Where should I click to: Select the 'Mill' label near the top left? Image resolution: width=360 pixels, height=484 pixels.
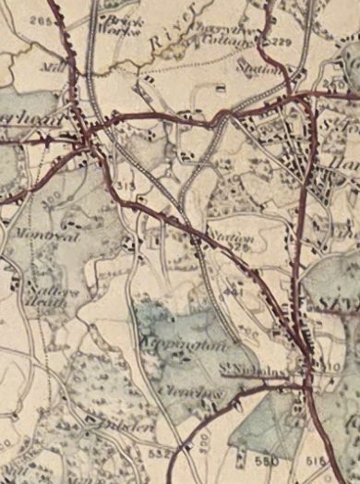tap(50, 67)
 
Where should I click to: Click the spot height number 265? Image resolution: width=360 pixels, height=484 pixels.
tap(39, 19)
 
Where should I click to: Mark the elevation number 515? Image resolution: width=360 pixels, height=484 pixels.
tap(318, 459)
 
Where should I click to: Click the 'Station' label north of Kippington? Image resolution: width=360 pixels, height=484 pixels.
tap(230, 236)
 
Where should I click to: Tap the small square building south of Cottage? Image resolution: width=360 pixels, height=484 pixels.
tap(220, 89)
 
